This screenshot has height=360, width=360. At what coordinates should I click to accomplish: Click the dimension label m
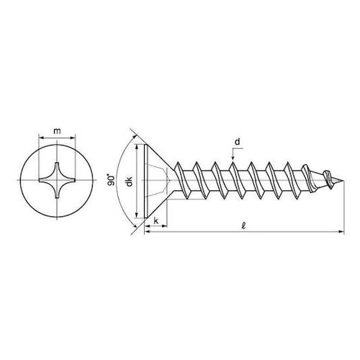[x=57, y=132]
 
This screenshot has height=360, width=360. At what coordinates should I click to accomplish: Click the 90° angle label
[x=111, y=180]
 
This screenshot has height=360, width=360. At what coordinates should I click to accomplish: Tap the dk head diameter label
[x=130, y=181]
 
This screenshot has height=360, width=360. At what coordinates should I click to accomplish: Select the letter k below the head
[x=156, y=221]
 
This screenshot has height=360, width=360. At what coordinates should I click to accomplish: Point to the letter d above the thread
[x=237, y=142]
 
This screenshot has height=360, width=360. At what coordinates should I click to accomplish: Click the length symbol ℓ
[x=244, y=226]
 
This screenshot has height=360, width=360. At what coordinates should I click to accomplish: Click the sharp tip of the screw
[x=344, y=181]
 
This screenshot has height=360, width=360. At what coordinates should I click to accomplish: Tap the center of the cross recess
[x=57, y=180]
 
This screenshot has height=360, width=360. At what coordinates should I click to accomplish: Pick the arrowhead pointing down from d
[x=233, y=158]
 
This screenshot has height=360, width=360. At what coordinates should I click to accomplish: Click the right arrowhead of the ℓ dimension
[x=341, y=232]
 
